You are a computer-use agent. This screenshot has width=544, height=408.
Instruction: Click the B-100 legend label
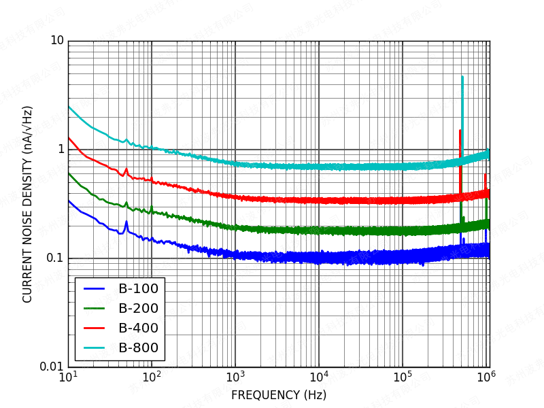[138, 289]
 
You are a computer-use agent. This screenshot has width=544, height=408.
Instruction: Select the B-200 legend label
[138, 309]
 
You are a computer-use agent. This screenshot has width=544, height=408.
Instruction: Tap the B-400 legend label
[138, 328]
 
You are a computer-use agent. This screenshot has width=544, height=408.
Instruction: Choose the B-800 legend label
[138, 348]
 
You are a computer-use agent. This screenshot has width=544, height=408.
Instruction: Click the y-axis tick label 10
[56, 41]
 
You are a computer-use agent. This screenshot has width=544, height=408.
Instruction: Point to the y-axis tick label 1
[60, 149]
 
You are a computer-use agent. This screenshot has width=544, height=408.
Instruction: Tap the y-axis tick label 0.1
[54, 258]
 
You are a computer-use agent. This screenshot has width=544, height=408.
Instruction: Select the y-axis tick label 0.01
[52, 367]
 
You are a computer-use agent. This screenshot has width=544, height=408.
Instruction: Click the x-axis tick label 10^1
[68, 378]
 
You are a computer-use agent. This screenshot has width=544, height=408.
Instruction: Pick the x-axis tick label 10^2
[152, 378]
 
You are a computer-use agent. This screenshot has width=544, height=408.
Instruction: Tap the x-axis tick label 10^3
[235, 378]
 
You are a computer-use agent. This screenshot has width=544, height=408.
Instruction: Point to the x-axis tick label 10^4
[319, 378]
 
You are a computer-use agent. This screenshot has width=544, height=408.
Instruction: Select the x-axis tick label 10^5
[403, 378]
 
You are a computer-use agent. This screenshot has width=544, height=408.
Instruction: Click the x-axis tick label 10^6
[486, 378]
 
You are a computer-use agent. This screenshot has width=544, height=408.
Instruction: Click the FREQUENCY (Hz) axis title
[279, 395]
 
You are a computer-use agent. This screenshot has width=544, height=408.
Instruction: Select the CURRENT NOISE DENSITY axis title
[28, 204]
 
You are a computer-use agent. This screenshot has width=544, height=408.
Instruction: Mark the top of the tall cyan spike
[462, 77]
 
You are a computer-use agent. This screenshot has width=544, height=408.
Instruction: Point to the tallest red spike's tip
[460, 131]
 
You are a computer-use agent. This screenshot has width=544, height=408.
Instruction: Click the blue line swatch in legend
[93, 289]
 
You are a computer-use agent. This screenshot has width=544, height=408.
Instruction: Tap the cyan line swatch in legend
[93, 348]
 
